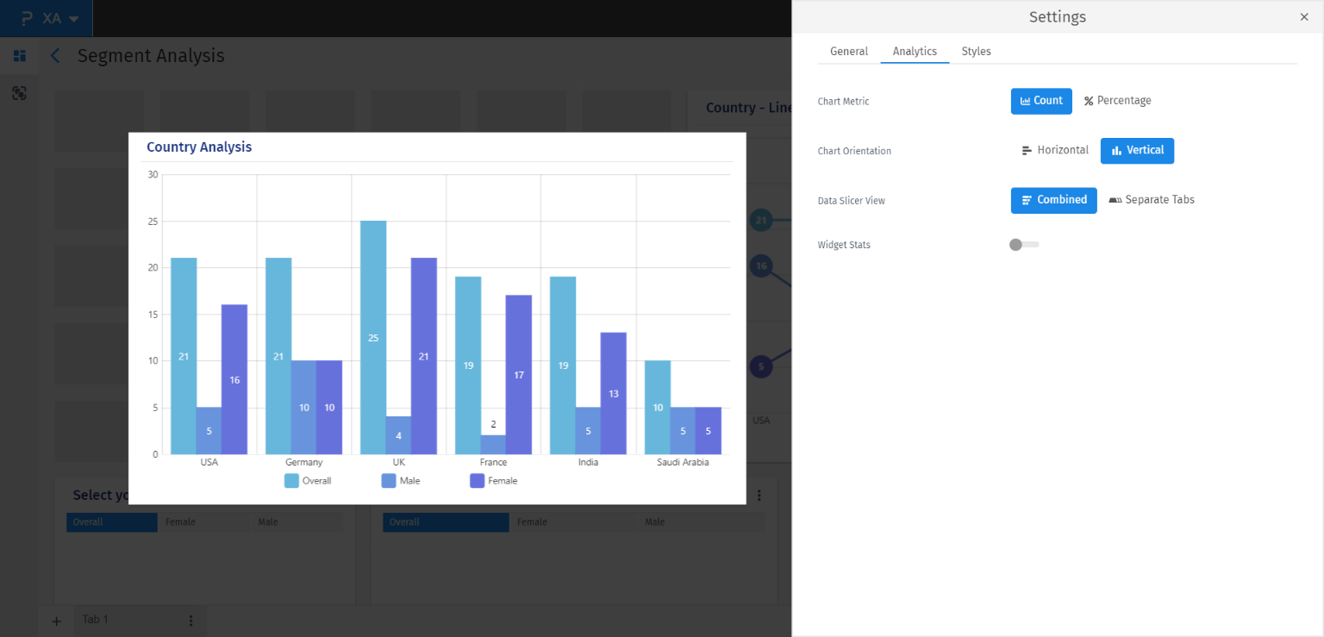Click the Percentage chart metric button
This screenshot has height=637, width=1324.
(1117, 101)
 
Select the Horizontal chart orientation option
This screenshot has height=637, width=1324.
(1055, 151)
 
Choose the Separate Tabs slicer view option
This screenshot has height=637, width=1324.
(1152, 200)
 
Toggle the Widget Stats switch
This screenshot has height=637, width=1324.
(1023, 245)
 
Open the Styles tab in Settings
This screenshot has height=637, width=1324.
(976, 52)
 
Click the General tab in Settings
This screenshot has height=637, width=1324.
(848, 52)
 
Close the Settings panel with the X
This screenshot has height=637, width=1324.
(1303, 17)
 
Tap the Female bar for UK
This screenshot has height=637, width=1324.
(423, 355)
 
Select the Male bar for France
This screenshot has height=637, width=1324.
(493, 445)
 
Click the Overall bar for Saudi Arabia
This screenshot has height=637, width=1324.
(658, 407)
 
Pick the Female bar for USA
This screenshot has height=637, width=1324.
(234, 379)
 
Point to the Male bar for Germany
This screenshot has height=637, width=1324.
(304, 407)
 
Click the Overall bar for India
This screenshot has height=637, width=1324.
(563, 365)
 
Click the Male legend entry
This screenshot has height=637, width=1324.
(401, 481)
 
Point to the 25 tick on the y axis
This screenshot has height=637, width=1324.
(153, 222)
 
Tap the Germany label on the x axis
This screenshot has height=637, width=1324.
(304, 463)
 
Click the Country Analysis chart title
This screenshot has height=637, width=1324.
(199, 147)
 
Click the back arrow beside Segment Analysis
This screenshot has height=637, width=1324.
(55, 56)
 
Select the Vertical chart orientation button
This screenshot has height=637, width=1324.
(1137, 151)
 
